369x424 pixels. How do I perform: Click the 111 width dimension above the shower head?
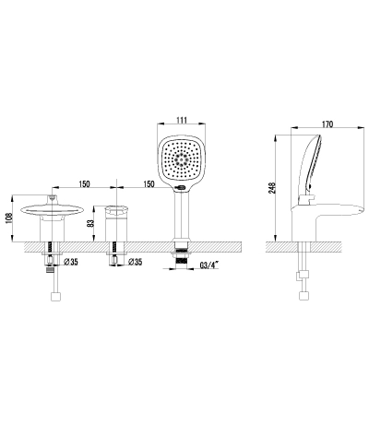tap(182, 120)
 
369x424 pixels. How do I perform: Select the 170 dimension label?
tap(327, 124)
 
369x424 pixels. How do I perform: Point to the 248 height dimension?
tap(272, 188)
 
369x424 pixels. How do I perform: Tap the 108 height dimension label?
tap(9, 218)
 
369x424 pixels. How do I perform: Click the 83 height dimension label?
tap(90, 223)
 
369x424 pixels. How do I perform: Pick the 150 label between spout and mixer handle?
tap(84, 184)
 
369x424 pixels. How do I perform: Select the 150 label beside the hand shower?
tap(149, 184)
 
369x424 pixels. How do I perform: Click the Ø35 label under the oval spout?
tap(70, 262)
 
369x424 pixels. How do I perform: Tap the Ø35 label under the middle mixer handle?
tap(135, 262)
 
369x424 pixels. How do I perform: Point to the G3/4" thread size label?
tap(209, 265)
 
